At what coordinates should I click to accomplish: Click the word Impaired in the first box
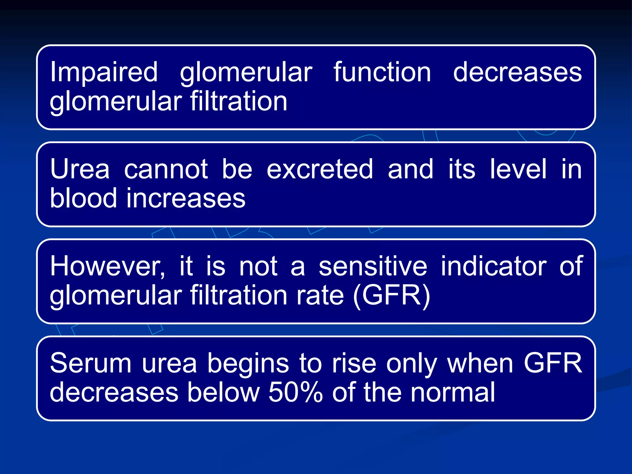pyautogui.click(x=104, y=72)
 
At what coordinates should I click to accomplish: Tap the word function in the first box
pyautogui.click(x=382, y=72)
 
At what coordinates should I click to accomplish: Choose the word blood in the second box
pyautogui.click(x=83, y=198)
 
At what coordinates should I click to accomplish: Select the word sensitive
pyautogui.click(x=373, y=266)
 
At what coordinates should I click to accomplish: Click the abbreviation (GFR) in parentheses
pyautogui.click(x=391, y=295)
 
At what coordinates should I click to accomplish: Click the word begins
pyautogui.click(x=248, y=363)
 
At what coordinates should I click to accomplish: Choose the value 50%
pyautogui.click(x=295, y=392)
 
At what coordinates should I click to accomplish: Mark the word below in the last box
pyautogui.click(x=223, y=392)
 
